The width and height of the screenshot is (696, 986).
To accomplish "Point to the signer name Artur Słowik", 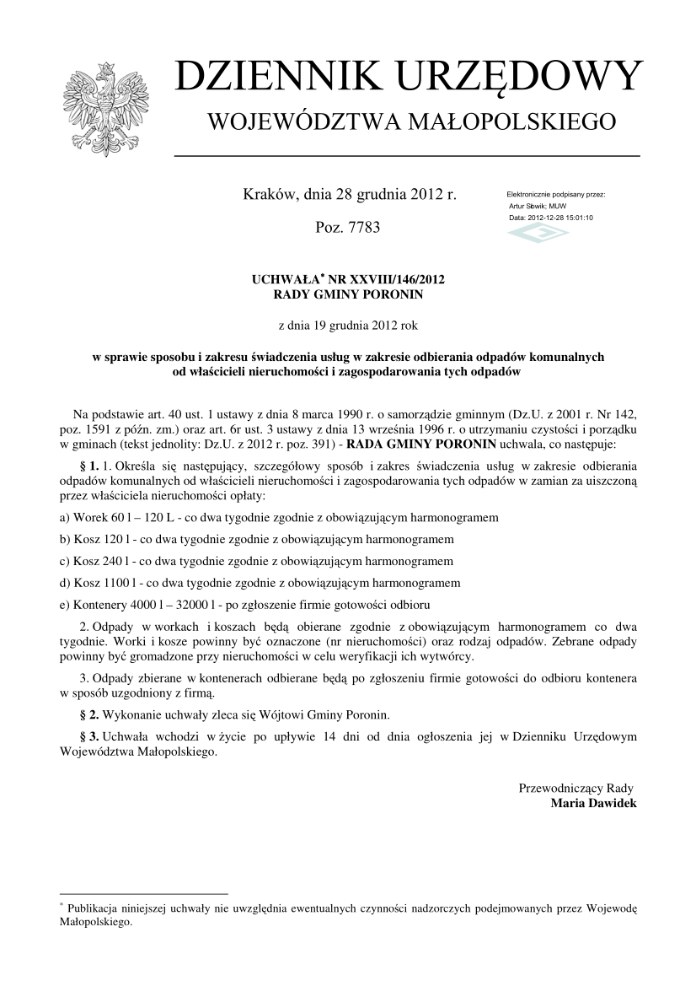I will point(528,206).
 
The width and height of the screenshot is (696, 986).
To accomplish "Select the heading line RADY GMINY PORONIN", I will point(348,294).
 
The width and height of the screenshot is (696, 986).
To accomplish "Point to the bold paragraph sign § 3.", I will point(88,737).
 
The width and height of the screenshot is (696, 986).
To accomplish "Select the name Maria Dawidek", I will point(593,803).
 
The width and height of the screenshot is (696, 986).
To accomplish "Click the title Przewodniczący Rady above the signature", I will point(576,788).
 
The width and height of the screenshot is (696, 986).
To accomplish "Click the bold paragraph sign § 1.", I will point(88,466).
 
